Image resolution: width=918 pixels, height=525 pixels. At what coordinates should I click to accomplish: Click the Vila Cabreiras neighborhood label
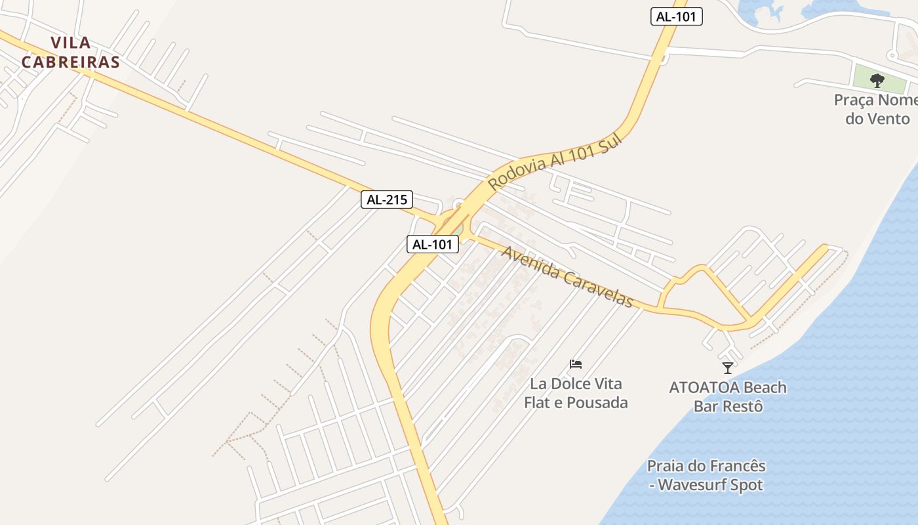pyautogui.click(x=71, y=52)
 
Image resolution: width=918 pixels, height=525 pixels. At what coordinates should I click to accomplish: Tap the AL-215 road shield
pyautogui.click(x=387, y=199)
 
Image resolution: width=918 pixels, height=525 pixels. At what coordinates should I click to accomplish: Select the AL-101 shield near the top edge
pyautogui.click(x=676, y=17)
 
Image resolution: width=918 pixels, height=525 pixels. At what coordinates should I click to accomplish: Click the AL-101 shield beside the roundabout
pyautogui.click(x=433, y=244)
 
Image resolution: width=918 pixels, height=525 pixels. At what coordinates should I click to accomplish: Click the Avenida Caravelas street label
pyautogui.click(x=567, y=276)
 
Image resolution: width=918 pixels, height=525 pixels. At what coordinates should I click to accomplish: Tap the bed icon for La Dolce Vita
pyautogui.click(x=576, y=364)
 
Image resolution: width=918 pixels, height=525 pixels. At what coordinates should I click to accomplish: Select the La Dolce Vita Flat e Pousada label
pyautogui.click(x=576, y=393)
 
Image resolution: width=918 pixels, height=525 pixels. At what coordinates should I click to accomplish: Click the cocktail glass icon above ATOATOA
pyautogui.click(x=727, y=367)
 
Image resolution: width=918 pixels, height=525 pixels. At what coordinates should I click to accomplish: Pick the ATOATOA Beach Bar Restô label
pyautogui.click(x=728, y=396)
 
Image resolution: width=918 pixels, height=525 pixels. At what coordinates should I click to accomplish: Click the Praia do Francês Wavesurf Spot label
pyautogui.click(x=706, y=476)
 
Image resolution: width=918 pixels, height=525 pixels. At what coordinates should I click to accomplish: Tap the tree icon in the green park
pyautogui.click(x=877, y=81)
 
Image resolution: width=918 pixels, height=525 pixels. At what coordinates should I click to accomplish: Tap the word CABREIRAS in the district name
pyautogui.click(x=71, y=62)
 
